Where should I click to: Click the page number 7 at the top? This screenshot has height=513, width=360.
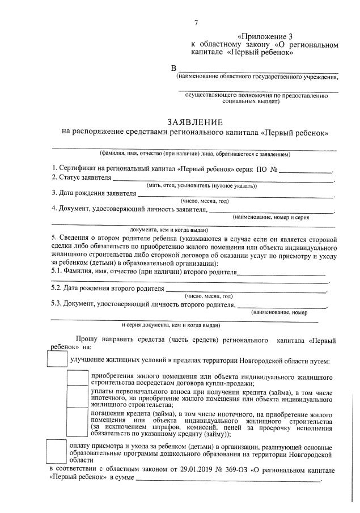pos(196,23)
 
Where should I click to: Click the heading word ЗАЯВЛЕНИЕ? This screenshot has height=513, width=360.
pos(196,122)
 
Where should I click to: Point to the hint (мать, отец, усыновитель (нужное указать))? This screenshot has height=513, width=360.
pos(202,186)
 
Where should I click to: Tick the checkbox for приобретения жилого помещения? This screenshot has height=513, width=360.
pos(77,379)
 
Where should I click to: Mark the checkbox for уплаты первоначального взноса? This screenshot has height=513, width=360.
pos(77,398)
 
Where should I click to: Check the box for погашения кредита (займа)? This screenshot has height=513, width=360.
pos(77,423)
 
